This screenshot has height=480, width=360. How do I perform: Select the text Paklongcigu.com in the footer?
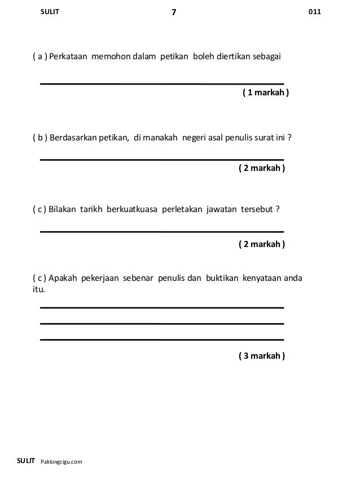coord(62,462)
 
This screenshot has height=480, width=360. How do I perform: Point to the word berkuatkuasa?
coord(129,210)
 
